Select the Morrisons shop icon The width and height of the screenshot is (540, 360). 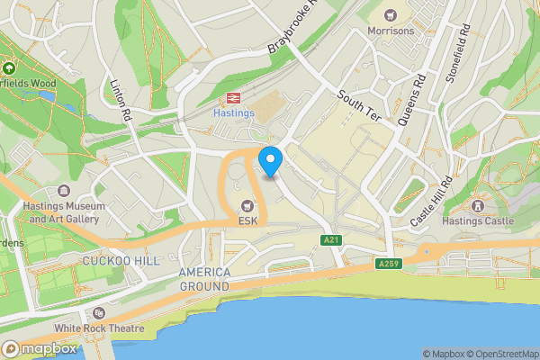391,14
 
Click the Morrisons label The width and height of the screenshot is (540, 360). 391,31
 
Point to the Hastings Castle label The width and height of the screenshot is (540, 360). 479,220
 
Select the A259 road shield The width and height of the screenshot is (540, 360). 388,264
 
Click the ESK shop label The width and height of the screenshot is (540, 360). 248,221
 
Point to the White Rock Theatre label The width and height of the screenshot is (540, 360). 98,328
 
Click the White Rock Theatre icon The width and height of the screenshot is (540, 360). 98,313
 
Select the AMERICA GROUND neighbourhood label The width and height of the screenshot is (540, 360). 204,279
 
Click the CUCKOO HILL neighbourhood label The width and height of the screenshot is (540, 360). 121,260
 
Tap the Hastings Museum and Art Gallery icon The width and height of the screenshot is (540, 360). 64,191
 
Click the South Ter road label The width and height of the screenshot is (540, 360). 358,106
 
